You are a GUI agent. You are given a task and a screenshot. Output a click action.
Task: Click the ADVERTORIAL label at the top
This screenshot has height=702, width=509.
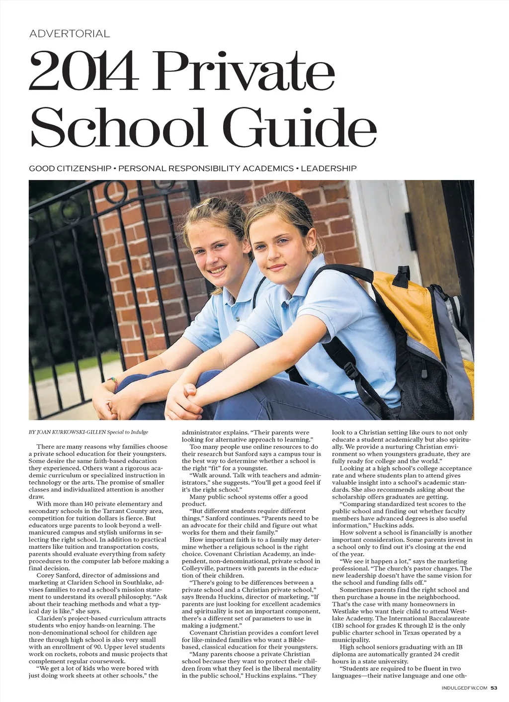[70, 34]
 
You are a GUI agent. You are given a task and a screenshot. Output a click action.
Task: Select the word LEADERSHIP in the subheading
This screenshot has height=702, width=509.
[329, 169]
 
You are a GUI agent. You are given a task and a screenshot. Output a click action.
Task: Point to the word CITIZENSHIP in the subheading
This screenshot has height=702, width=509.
[84, 169]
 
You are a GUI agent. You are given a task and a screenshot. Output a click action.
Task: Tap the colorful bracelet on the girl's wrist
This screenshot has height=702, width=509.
[114, 383]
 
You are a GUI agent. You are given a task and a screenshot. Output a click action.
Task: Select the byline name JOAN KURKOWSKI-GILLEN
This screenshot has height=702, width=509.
[71, 432]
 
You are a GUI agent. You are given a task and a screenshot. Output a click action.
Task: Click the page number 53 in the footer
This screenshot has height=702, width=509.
[494, 688]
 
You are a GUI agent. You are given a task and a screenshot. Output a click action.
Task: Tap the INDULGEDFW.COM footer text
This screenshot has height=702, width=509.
[464, 688]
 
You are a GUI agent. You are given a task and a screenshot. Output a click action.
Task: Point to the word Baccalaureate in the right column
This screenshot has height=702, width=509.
[448, 618]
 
